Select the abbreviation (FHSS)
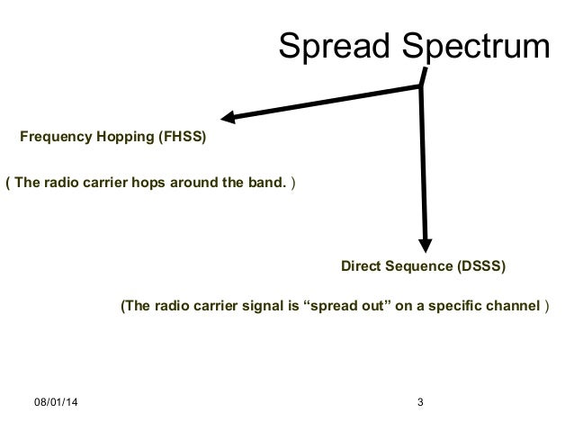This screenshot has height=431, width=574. coord(183,139)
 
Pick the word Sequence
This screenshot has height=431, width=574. coord(418,267)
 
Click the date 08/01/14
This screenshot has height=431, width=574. coord(56,400)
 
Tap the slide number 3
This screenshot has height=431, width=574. coord(421,400)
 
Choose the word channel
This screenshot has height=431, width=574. coord(512,305)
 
